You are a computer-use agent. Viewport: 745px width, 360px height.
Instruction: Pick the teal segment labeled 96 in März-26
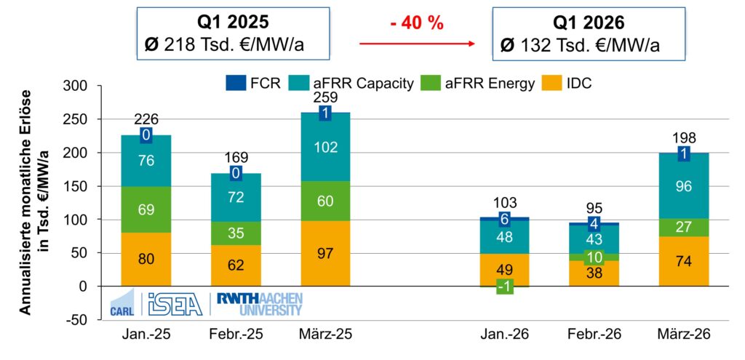coord(684,185)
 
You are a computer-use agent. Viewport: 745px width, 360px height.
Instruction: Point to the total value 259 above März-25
coord(325,97)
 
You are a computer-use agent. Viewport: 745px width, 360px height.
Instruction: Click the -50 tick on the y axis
coord(74,320)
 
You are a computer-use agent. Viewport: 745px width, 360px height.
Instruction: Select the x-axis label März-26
coord(684,335)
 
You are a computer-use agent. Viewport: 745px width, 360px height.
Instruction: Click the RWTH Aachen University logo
coord(260,304)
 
